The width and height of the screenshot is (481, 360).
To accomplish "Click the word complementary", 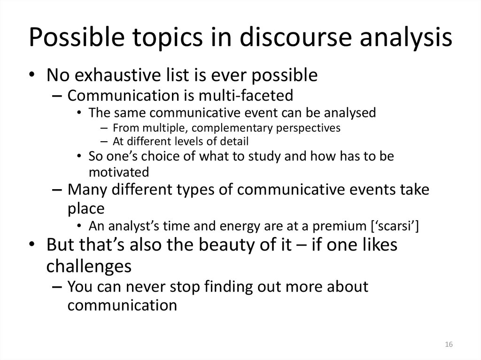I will click(216, 127).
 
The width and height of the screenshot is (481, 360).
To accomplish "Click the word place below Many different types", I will click(86, 208).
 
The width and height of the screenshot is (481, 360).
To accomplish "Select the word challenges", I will click(89, 266).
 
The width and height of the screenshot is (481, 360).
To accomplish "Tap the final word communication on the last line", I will click(122, 305).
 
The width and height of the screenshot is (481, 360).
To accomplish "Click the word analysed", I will click(346, 113).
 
